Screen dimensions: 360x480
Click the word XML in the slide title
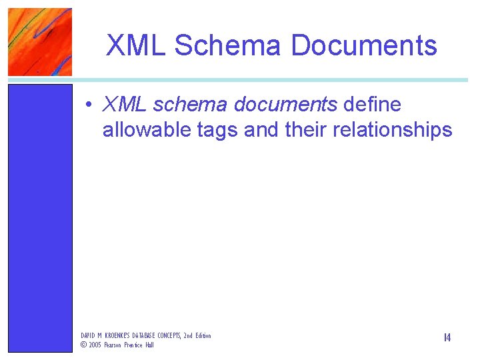coord(137,45)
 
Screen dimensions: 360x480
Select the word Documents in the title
coord(364,45)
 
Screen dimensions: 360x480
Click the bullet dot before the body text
coord(88,105)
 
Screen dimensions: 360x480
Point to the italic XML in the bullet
coord(125,105)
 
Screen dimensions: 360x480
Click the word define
coord(372,105)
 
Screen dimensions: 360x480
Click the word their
coord(305,129)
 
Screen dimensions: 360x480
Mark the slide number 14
coord(447,338)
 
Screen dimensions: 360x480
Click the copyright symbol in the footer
coord(83,345)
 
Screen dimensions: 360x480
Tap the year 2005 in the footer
coord(95,345)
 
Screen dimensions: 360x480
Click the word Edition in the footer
coord(203,335)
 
